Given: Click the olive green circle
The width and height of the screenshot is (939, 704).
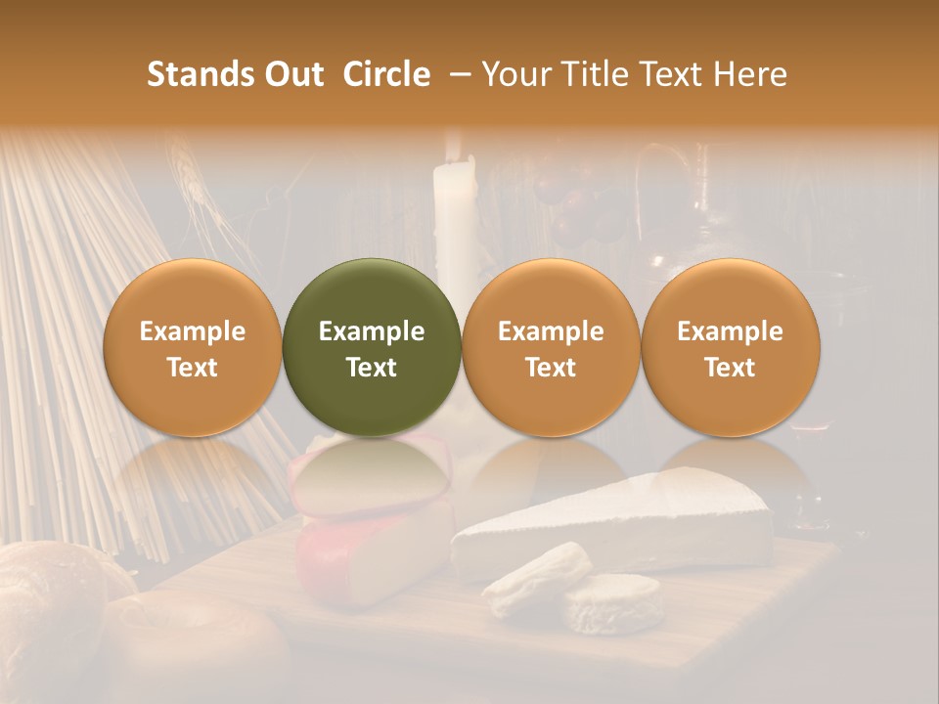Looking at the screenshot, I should click(372, 348).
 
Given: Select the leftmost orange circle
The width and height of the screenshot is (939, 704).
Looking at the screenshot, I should click(193, 348).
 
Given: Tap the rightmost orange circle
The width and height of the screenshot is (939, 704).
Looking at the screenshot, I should click(730, 348).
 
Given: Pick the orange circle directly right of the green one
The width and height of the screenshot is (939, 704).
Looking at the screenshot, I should click(551, 348).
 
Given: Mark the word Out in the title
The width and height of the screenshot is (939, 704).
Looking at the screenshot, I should click(294, 74).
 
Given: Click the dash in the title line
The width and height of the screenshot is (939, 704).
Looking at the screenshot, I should click(456, 74).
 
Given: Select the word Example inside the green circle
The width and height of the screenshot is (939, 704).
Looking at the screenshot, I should click(372, 331).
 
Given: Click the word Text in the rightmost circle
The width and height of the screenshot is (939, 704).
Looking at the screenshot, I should click(730, 368).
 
